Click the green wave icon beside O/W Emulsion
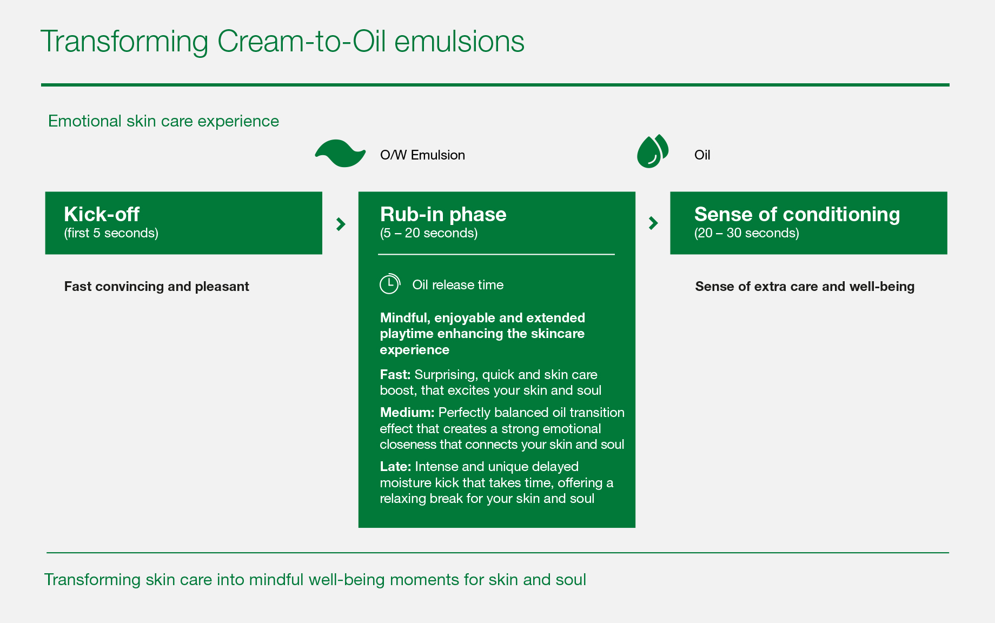[340, 154]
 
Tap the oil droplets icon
[653, 151]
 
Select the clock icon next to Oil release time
[389, 284]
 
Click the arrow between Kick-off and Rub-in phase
[341, 224]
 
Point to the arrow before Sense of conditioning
[653, 223]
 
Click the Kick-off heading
[102, 214]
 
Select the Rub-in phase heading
[443, 214]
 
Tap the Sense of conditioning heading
[797, 214]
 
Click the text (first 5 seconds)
[111, 233]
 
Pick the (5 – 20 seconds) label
[429, 233]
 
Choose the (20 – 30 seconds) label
[747, 233]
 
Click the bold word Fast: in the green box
[395, 374]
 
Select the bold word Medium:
[407, 412]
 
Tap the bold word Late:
[395, 466]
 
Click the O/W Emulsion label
[422, 155]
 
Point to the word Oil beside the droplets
[702, 155]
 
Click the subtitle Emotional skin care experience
[163, 121]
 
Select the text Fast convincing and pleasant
[157, 286]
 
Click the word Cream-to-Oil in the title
[302, 42]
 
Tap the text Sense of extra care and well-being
[805, 286]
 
